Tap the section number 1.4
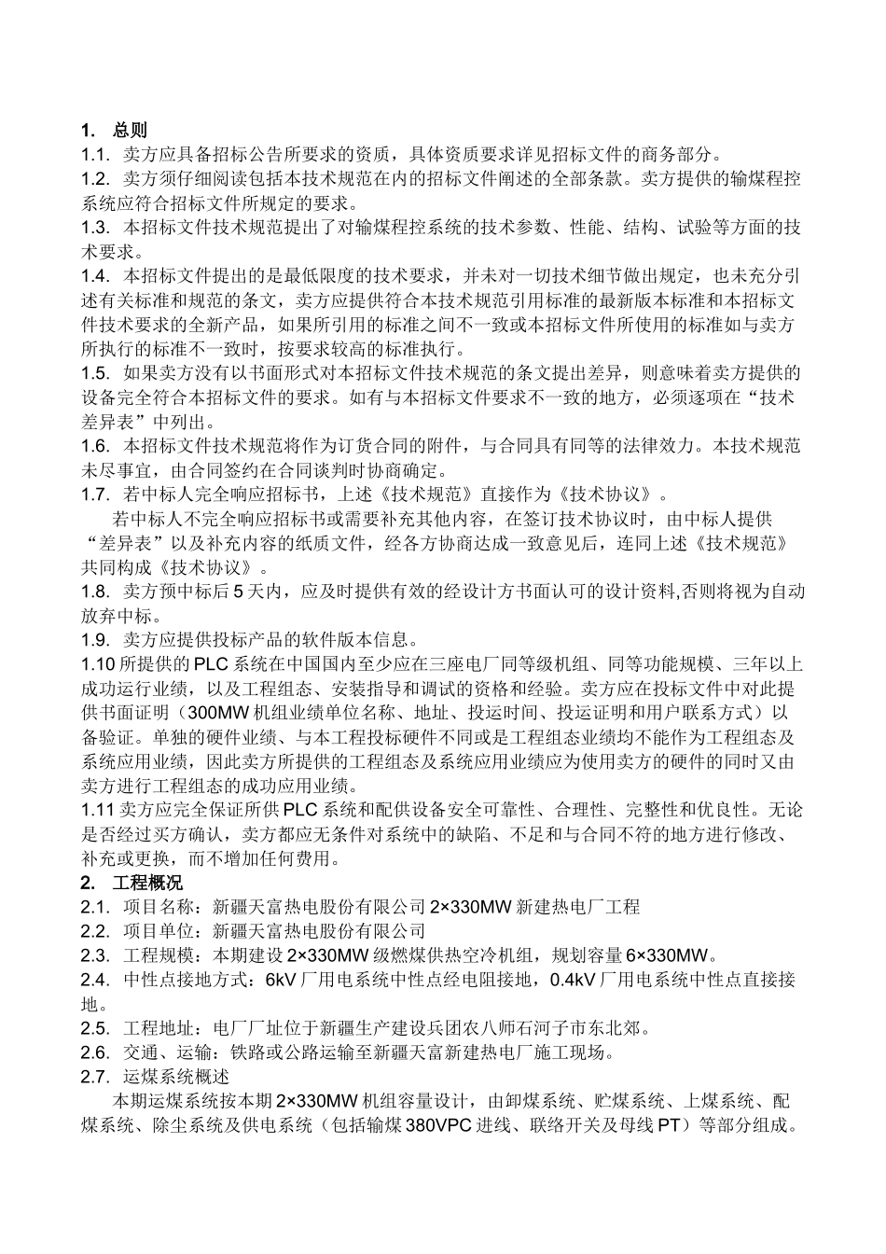(96, 275)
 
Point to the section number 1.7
(96, 494)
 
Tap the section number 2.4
(96, 979)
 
